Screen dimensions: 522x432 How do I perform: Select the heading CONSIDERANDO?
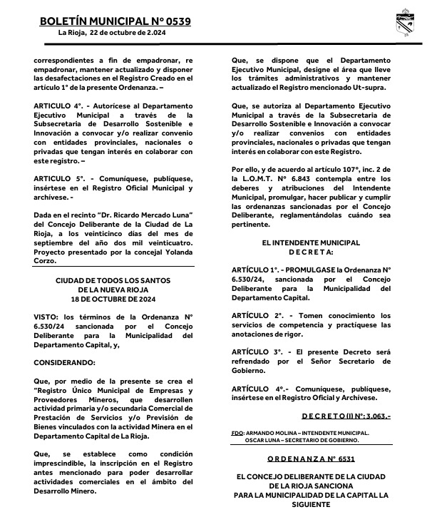click(63, 363)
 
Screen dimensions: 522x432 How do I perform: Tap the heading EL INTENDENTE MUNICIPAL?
click(311, 243)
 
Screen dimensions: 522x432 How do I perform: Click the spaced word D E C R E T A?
click(311, 252)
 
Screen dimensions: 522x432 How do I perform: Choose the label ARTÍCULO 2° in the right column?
click(257, 316)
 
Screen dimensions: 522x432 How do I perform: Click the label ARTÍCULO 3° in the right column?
click(257, 353)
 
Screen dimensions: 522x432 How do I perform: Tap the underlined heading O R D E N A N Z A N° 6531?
click(311, 460)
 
